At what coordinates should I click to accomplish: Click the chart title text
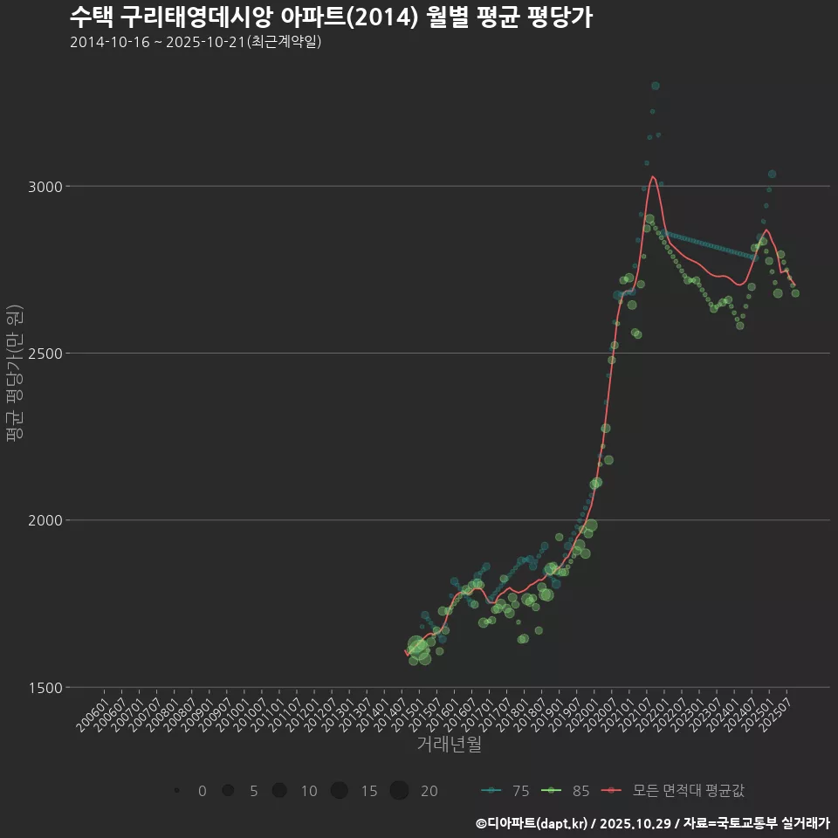tap(331, 17)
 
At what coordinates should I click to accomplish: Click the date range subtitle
tap(196, 42)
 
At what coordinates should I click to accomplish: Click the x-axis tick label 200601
tap(93, 708)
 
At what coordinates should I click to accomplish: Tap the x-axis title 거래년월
tap(449, 744)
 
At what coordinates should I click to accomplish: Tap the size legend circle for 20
tap(399, 791)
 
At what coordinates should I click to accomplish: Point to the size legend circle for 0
tap(176, 791)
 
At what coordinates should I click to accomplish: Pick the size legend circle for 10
tap(279, 791)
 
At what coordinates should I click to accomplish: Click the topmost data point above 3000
tap(655, 86)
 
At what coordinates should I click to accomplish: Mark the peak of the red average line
tap(652, 176)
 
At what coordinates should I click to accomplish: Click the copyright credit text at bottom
tap(652, 822)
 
